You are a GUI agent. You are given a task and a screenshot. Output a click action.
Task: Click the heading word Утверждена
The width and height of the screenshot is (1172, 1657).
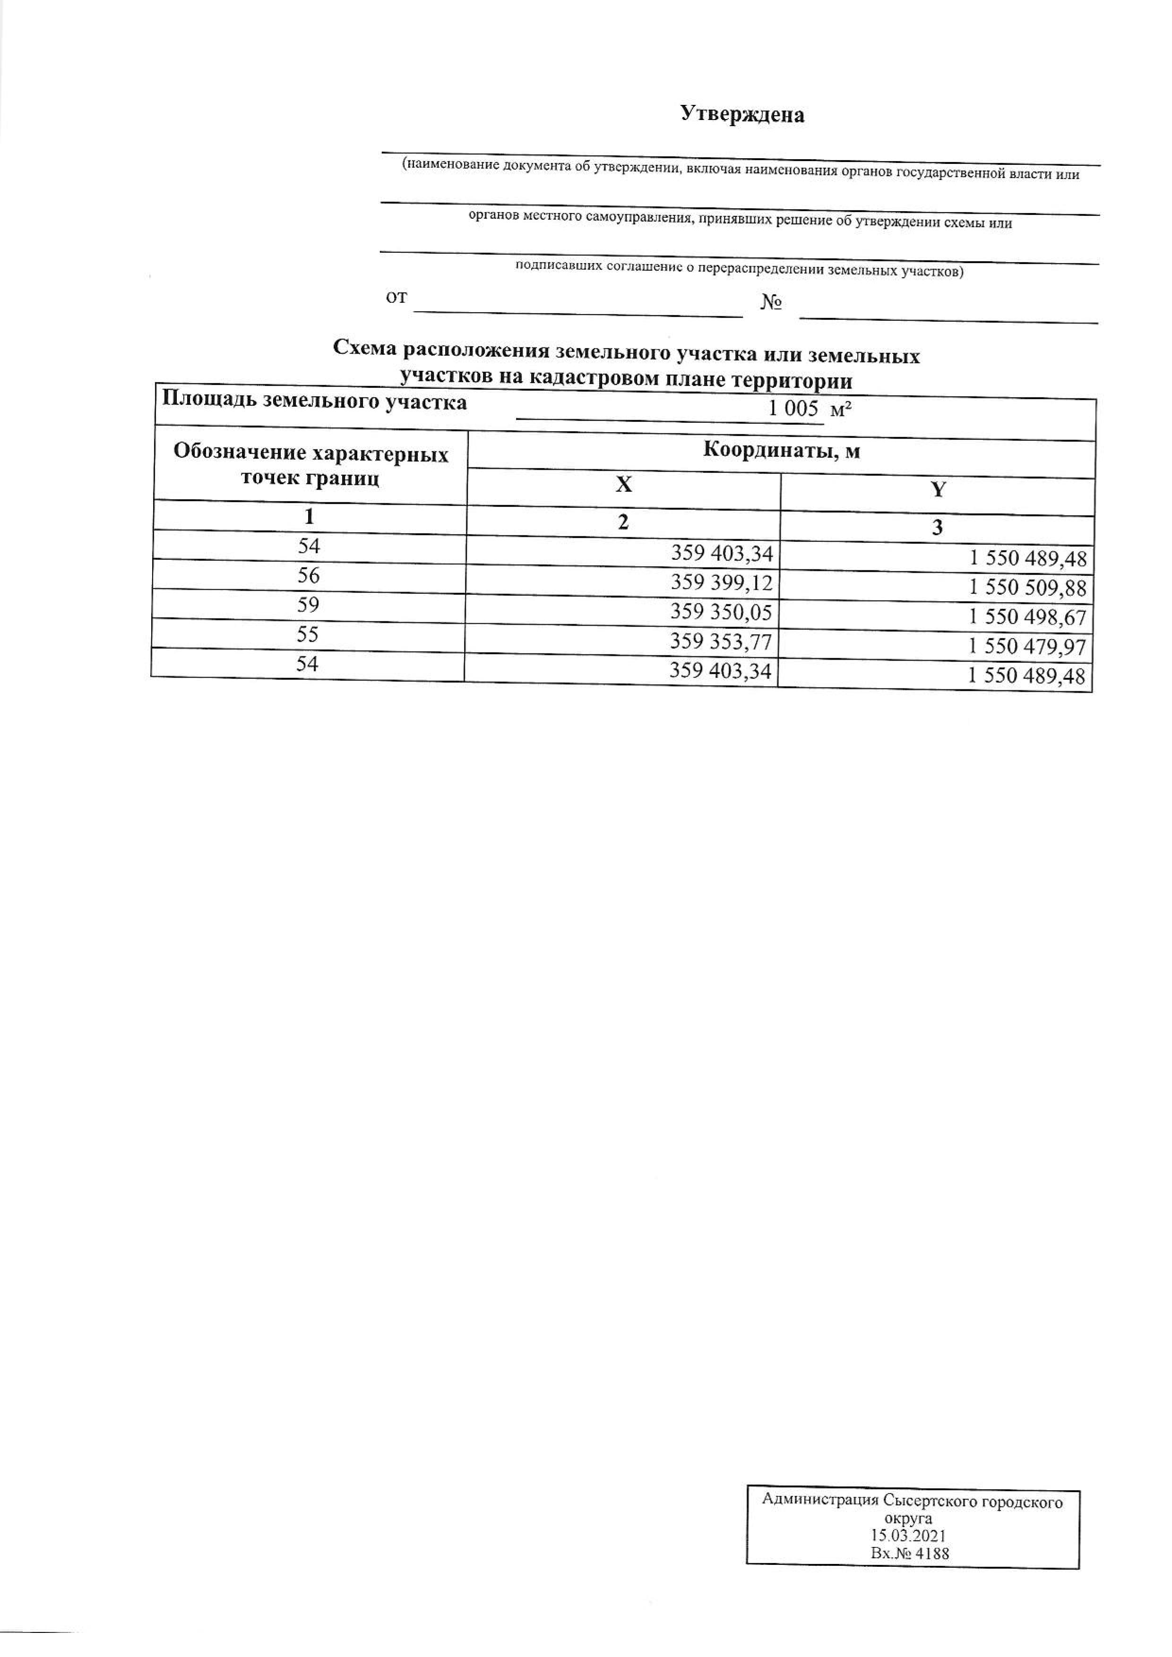point(742,114)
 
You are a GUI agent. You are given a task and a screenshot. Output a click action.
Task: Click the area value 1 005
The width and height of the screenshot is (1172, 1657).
point(793,409)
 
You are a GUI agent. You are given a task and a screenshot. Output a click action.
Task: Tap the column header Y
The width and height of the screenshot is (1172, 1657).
point(938,490)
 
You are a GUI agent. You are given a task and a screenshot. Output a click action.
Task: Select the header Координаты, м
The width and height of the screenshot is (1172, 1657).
point(782,451)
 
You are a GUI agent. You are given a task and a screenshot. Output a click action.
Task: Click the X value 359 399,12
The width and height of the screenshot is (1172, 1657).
point(722,583)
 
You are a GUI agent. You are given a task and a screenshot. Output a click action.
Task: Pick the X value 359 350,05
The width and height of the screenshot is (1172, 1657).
point(721,612)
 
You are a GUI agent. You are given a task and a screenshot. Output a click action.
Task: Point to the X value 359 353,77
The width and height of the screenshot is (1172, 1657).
point(721,641)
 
